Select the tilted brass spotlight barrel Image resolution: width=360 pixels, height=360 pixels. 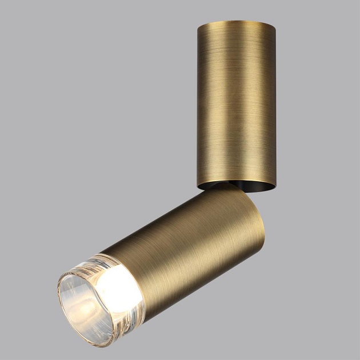tap(189, 240)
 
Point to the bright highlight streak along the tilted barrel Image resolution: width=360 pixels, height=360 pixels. tap(171, 229)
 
